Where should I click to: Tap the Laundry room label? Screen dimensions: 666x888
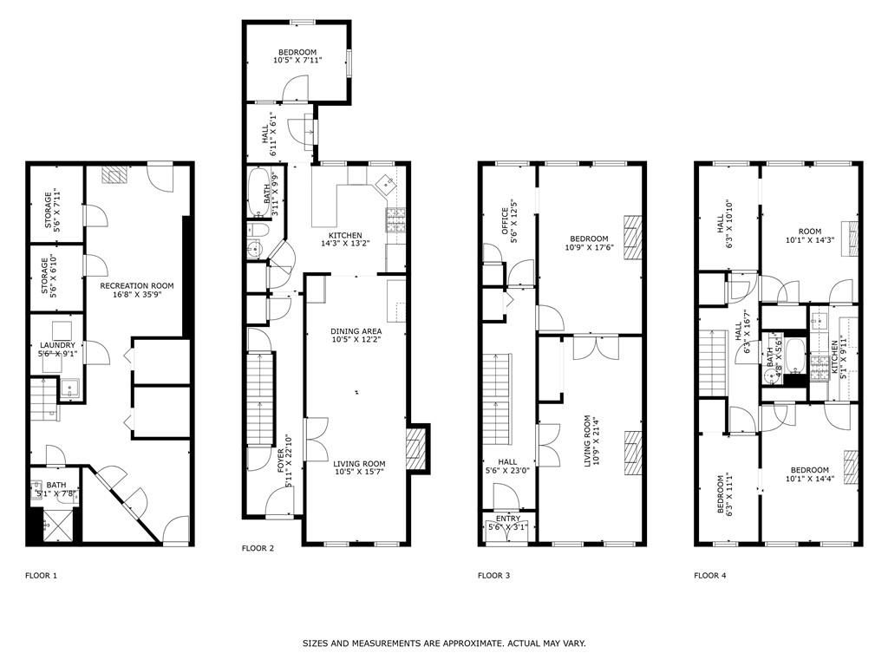tap(57, 349)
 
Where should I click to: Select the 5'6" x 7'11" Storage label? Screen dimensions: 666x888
tap(54, 209)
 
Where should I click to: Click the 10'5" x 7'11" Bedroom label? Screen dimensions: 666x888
tap(297, 56)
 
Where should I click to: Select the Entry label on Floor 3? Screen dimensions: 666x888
tap(508, 522)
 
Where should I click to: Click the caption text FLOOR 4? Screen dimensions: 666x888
tap(709, 575)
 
